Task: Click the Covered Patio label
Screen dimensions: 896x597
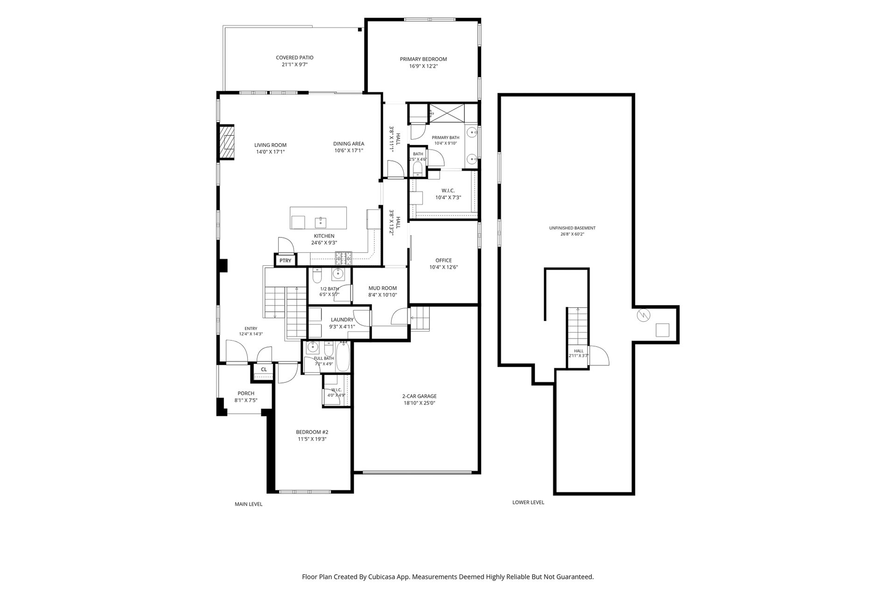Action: click(x=294, y=58)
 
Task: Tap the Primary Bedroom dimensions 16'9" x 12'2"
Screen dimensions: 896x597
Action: click(x=423, y=66)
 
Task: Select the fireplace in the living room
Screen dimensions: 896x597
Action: click(x=226, y=142)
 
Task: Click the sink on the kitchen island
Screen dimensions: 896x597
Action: click(x=321, y=221)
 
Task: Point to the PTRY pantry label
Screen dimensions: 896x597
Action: click(x=285, y=261)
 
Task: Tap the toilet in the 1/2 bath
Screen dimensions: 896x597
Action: click(x=316, y=276)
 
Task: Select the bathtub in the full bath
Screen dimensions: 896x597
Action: click(x=343, y=357)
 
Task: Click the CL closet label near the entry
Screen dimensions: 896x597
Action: click(x=264, y=369)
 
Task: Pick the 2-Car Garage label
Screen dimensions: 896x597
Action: click(x=420, y=396)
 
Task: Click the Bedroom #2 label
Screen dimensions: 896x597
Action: click(x=312, y=432)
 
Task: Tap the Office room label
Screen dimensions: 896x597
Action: click(x=443, y=260)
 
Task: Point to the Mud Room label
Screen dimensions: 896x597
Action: click(x=383, y=288)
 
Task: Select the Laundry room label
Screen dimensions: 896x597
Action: click(x=342, y=319)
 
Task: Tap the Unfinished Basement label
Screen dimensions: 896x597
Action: click(x=572, y=228)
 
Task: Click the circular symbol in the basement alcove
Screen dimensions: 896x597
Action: click(x=643, y=316)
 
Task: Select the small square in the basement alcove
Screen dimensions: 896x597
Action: click(x=663, y=330)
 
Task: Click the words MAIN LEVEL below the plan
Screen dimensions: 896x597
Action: click(x=248, y=504)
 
